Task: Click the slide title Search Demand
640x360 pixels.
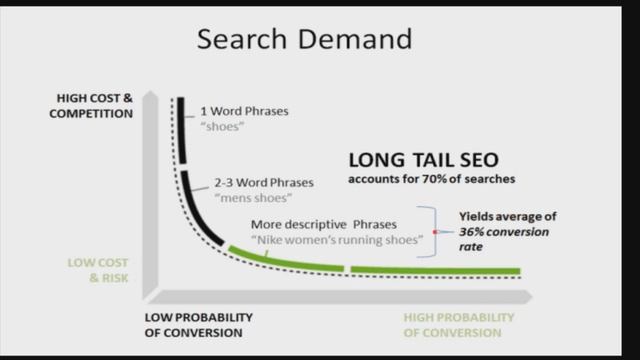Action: [x=304, y=39]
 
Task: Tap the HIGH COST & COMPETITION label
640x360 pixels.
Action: [x=95, y=105]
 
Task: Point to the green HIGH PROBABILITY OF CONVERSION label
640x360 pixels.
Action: [x=459, y=325]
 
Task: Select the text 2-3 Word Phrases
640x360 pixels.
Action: [x=263, y=183]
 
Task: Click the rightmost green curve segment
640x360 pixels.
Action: [x=435, y=270]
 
